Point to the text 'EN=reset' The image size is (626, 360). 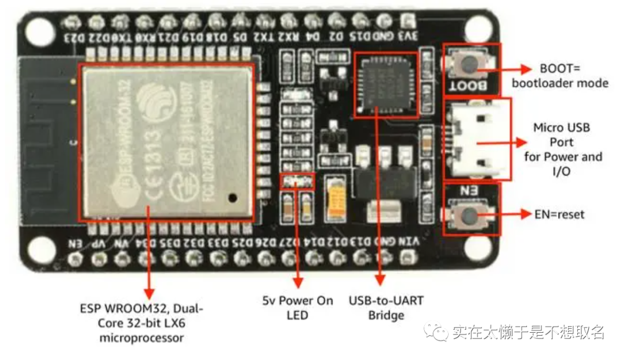click(559, 214)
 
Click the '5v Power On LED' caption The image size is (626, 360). click(297, 308)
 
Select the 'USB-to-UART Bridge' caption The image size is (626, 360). click(386, 308)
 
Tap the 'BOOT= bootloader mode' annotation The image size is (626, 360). click(559, 75)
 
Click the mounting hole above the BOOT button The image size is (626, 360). click(477, 27)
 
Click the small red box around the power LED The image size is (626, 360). click(297, 182)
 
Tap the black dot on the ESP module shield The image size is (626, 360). click(232, 197)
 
